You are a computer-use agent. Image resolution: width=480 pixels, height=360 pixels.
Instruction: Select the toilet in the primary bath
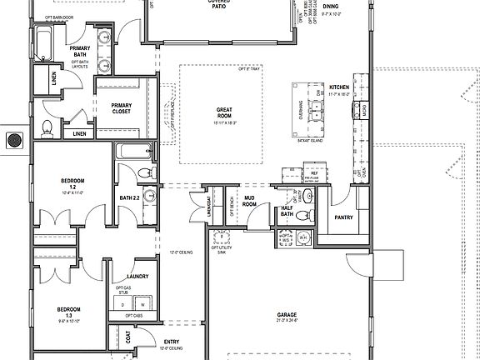47,127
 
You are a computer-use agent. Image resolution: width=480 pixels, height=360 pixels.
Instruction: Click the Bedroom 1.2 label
71,181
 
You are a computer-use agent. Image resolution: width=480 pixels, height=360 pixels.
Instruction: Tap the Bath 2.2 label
128,198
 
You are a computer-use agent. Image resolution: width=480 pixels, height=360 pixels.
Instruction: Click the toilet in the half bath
304,215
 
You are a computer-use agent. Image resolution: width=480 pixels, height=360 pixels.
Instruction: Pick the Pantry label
342,218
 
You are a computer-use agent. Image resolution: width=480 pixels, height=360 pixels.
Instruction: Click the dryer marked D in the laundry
124,305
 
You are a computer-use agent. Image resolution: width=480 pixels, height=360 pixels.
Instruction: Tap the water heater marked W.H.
303,238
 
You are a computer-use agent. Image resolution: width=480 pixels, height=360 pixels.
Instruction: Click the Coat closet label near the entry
127,338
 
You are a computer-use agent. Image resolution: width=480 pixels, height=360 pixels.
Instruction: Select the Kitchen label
338,87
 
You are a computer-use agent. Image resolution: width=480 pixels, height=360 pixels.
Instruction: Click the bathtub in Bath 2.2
133,152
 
